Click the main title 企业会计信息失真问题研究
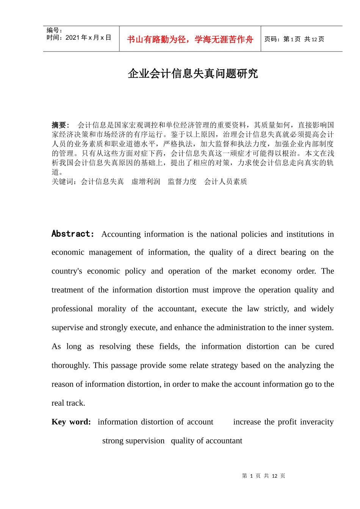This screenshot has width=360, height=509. pos(193,73)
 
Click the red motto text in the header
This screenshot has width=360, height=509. pos(190,39)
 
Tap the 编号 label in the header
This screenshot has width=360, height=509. pos(53,30)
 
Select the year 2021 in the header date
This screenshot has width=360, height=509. pos(72,37)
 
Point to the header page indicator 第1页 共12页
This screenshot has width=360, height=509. pos(294,39)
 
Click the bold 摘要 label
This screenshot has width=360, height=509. pos(60,125)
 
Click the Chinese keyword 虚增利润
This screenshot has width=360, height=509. pos(146,182)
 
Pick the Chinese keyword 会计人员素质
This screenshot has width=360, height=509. pos(225,182)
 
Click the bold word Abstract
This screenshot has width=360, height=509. pos(72,234)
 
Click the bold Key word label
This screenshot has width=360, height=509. pos(71,422)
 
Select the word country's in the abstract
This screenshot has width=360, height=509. pos(67,271)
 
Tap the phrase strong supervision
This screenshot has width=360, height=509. pos(133,441)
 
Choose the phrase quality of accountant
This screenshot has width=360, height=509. pos(207,441)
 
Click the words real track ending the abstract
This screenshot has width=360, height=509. pos(68,403)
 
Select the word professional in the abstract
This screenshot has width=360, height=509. pos(72,309)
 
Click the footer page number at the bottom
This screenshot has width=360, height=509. pos(263,476)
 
